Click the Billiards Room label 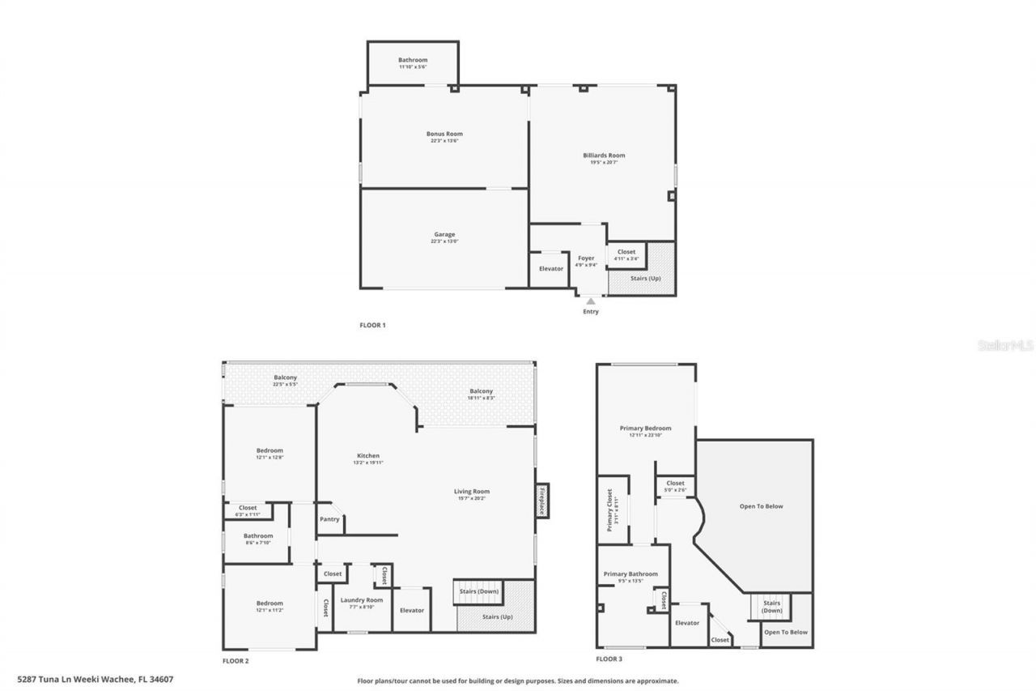(604, 156)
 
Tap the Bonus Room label (444, 134)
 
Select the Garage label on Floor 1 (444, 234)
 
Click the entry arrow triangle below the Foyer (590, 301)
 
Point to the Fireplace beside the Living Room (541, 500)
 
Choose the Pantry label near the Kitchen (329, 519)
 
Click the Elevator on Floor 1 (551, 268)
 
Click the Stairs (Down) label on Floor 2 (479, 591)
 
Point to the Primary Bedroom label (645, 429)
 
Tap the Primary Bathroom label (631, 574)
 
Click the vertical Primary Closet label (609, 513)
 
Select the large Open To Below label (761, 506)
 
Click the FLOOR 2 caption (236, 661)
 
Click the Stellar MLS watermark (1006, 345)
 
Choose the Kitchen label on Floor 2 (368, 455)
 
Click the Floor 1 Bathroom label (413, 60)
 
